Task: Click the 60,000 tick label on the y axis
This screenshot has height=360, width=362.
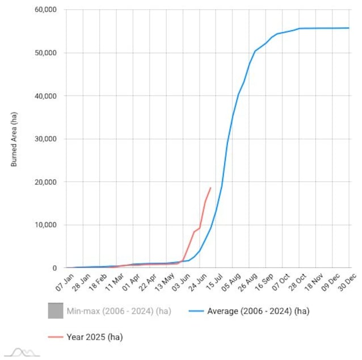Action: point(45,10)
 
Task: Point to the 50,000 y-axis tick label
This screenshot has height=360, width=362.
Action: point(45,53)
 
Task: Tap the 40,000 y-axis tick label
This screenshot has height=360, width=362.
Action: point(45,96)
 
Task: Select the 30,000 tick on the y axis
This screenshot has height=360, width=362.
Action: point(45,139)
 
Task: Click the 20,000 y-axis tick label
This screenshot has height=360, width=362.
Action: point(45,182)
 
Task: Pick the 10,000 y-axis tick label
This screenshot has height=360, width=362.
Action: point(45,225)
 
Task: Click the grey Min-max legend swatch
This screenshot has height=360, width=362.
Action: point(55,311)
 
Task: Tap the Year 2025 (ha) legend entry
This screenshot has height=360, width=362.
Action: point(94,337)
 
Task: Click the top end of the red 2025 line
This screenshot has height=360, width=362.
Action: point(211,187)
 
